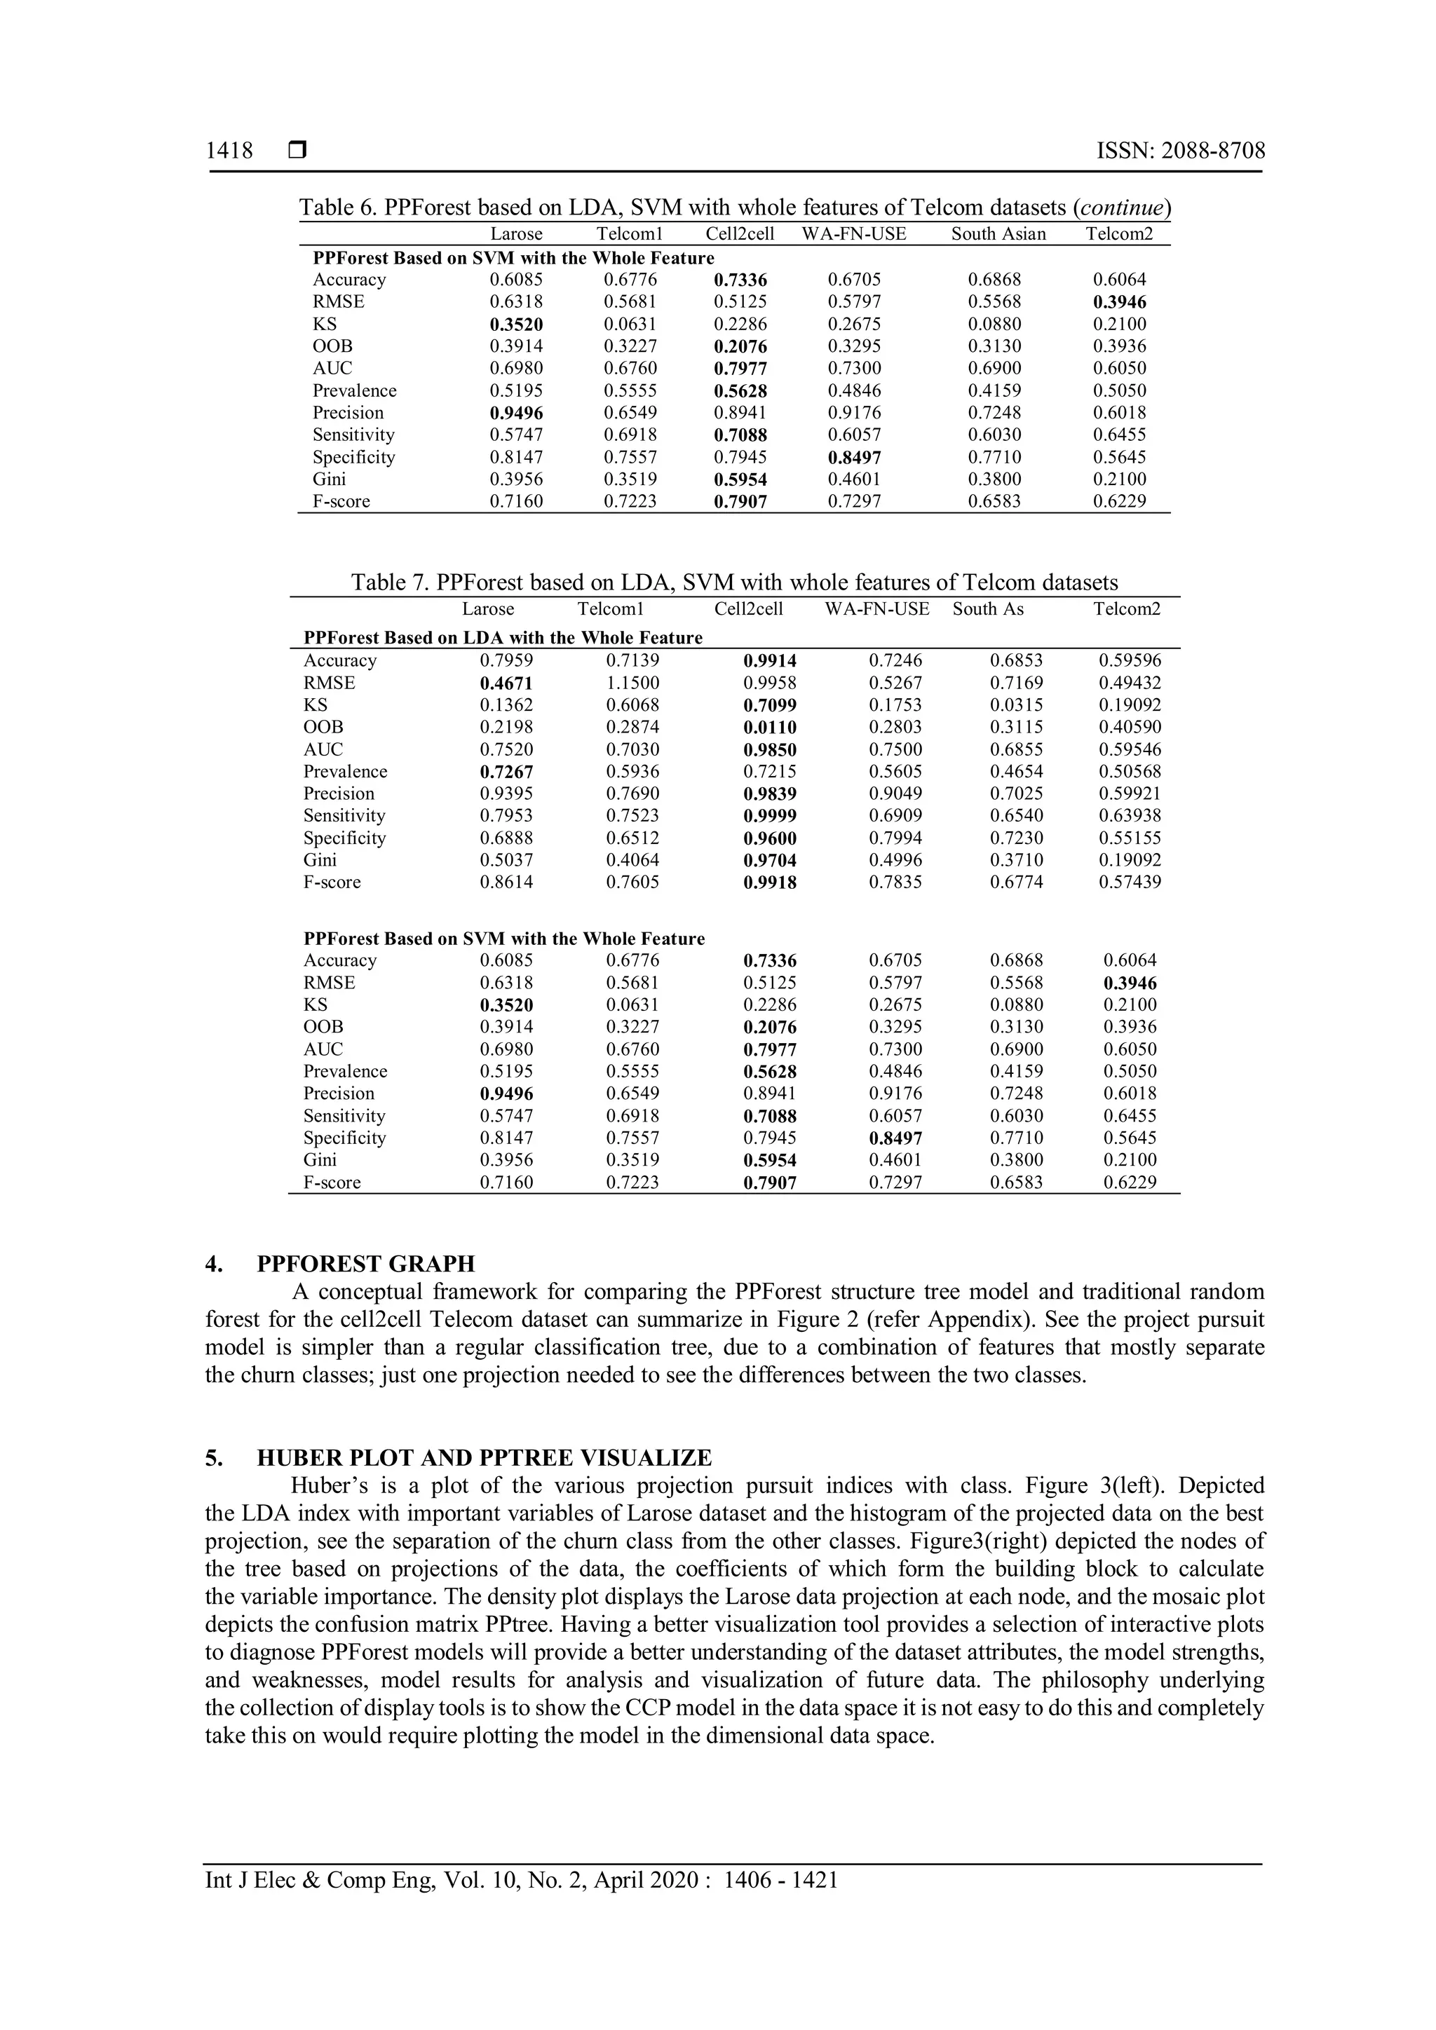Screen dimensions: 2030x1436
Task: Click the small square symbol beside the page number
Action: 297,151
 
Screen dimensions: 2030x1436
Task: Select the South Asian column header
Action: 998,234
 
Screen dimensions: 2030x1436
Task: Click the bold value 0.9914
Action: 769,660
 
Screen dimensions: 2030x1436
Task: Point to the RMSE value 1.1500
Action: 632,683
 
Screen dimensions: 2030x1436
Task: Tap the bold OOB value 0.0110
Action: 769,728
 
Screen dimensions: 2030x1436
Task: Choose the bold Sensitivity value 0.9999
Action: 769,816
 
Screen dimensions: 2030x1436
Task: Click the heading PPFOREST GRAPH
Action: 365,1263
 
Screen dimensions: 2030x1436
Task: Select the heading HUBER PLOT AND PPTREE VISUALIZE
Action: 484,1458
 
